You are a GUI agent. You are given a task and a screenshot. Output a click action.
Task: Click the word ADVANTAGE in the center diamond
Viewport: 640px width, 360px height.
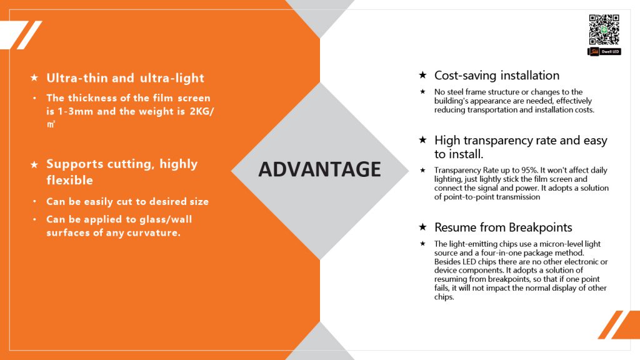tap(319, 169)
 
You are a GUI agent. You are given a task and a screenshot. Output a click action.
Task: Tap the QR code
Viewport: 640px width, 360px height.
tap(604, 30)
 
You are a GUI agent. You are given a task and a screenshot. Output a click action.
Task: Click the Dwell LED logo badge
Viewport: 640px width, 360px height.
tap(604, 51)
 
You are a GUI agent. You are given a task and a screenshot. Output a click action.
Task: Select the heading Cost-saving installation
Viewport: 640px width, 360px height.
tap(497, 76)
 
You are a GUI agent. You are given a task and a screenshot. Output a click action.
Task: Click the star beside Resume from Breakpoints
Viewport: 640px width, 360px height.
tap(423, 226)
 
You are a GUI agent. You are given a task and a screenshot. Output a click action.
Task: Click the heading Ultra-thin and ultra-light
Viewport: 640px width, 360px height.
tap(125, 78)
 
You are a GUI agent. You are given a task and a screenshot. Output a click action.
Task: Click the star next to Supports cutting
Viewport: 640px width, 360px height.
tap(34, 164)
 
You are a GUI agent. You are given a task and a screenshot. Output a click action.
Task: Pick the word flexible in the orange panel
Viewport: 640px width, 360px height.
tap(70, 180)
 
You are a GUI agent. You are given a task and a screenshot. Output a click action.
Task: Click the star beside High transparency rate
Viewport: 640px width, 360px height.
tap(423, 139)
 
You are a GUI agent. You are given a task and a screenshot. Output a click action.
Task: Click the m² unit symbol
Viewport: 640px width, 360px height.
tap(51, 124)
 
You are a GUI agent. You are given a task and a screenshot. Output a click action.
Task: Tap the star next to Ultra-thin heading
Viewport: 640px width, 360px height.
tap(34, 77)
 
